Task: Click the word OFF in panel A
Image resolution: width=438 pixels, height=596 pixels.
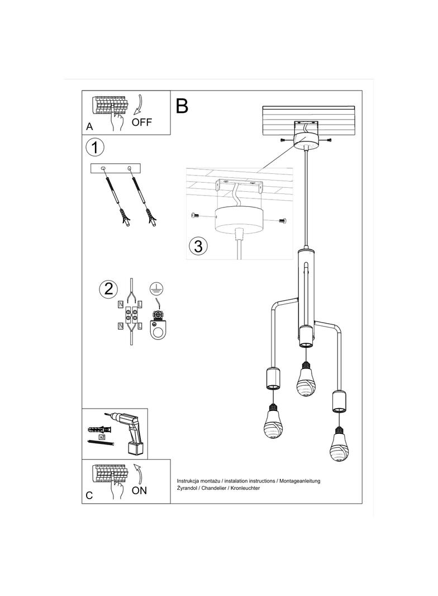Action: point(141,122)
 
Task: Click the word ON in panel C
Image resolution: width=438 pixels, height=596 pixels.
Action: point(139,490)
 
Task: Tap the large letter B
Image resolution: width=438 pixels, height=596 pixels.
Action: point(182,106)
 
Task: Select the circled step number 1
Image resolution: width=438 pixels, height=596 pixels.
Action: point(96,148)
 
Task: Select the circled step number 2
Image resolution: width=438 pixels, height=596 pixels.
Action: point(108,288)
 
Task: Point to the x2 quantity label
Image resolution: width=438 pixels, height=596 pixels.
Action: point(102,436)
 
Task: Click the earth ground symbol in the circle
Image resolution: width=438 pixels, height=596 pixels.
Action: point(157,288)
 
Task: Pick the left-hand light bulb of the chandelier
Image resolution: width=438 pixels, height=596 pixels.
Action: point(272,424)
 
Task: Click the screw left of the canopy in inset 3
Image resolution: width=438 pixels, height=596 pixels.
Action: point(194,215)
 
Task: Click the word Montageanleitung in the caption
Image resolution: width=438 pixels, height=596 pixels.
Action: point(300,481)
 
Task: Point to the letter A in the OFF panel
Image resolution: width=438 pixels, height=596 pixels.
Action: point(89,127)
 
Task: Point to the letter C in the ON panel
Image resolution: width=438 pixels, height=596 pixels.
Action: point(89,495)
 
